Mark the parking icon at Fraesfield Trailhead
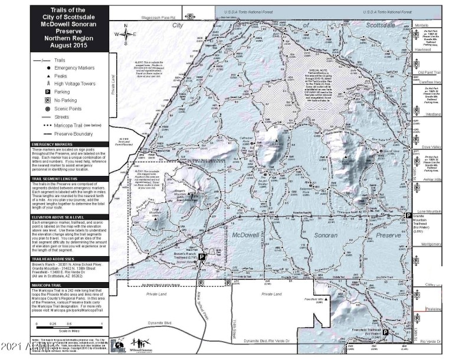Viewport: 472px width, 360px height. click(x=385, y=333)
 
